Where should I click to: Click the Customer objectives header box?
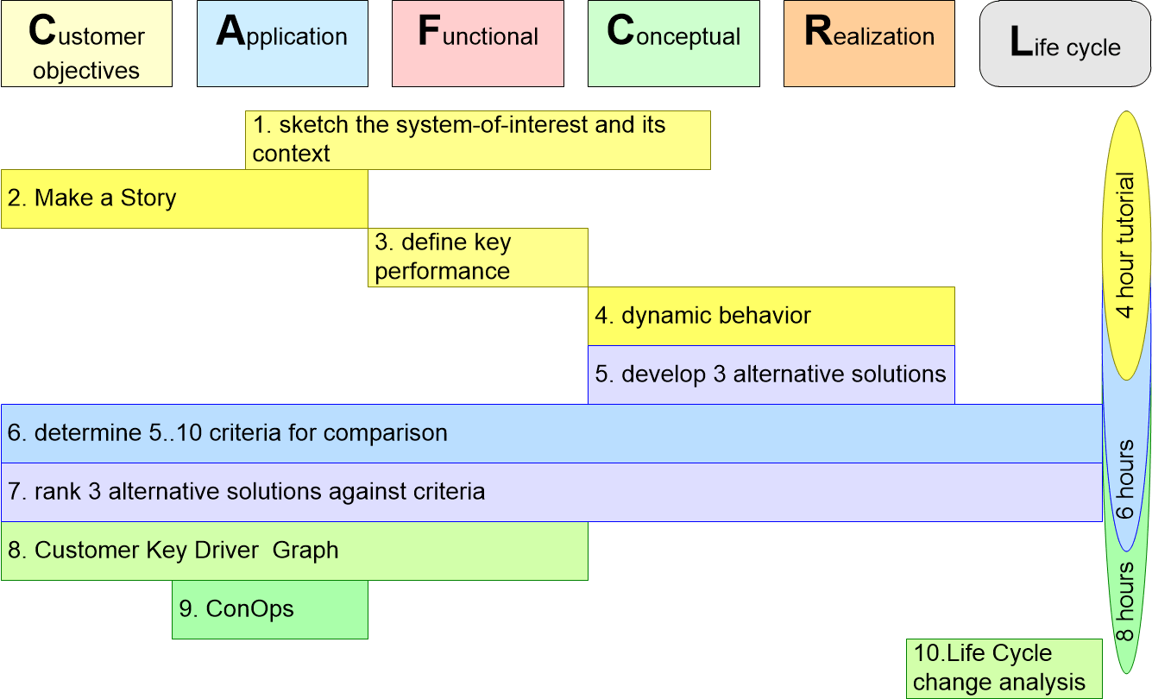click(x=86, y=43)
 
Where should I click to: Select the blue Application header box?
click(x=282, y=43)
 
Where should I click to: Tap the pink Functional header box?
click(x=478, y=43)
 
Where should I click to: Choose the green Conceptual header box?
click(x=674, y=43)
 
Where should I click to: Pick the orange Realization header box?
click(x=869, y=43)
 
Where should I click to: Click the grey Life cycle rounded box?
click(x=1065, y=43)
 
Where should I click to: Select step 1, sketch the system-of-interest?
click(x=478, y=140)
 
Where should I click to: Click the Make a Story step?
click(x=185, y=198)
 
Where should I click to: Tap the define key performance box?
click(x=478, y=257)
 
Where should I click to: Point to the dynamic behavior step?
click(x=771, y=316)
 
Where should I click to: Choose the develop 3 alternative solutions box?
click(x=771, y=375)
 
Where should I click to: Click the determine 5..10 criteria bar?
click(x=551, y=433)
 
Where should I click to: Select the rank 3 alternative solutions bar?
click(x=551, y=492)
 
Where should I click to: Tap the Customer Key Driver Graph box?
click(x=294, y=551)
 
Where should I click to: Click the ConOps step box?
click(x=270, y=609)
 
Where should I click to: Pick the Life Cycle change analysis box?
click(x=1004, y=669)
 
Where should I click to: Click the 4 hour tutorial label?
click(x=1124, y=245)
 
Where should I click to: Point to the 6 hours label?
click(x=1124, y=479)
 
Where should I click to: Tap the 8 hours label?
click(x=1124, y=601)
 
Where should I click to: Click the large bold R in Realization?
click(x=818, y=31)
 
